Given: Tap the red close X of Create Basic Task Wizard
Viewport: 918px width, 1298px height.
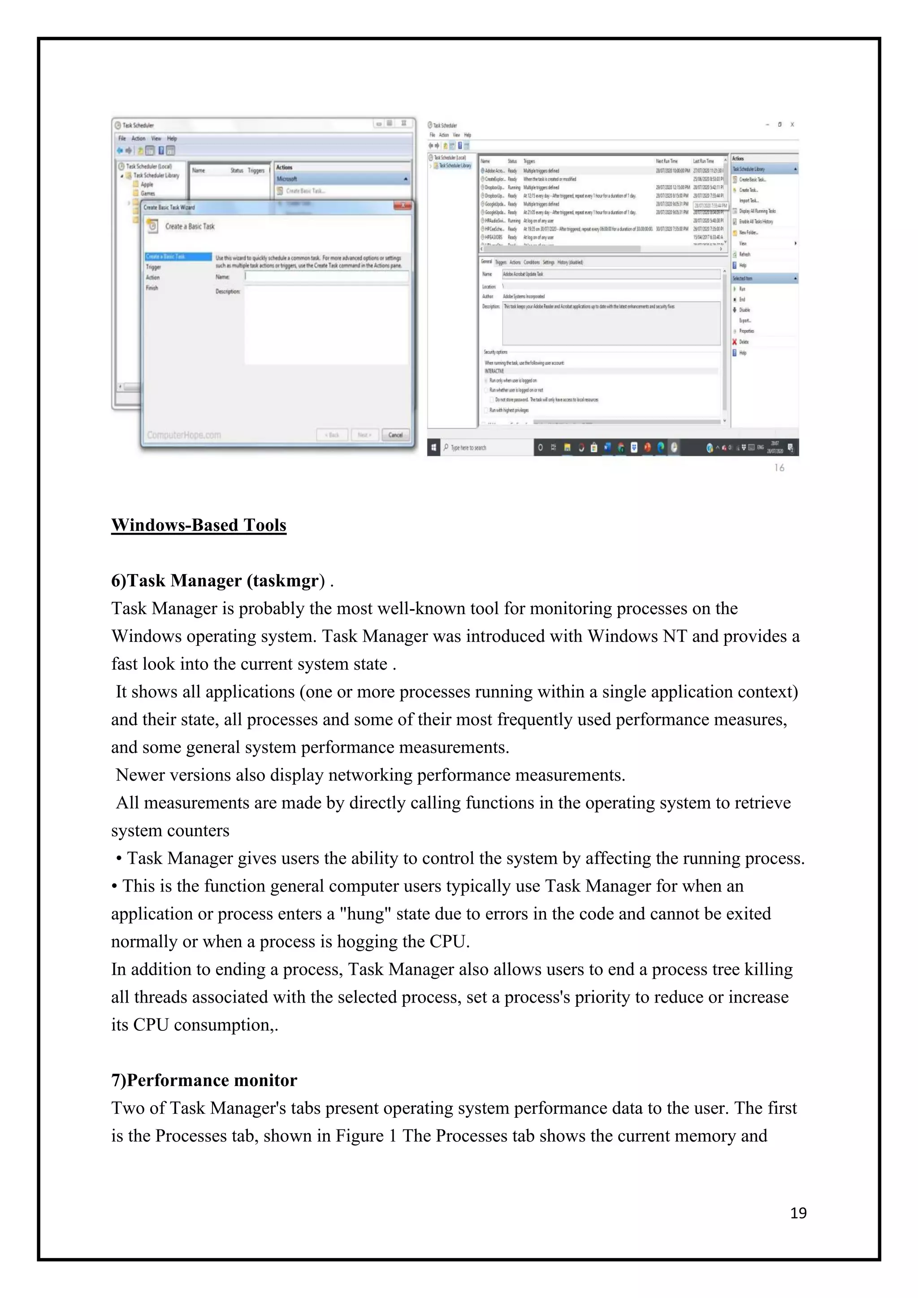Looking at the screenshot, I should tap(403, 206).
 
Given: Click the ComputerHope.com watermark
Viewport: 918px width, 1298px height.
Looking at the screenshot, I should tap(184, 435).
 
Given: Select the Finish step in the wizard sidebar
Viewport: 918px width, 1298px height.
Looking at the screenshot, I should tap(152, 288).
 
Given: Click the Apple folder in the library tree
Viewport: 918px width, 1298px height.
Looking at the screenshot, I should tap(147, 184).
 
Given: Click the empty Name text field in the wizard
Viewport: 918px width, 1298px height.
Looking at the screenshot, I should tap(326, 277).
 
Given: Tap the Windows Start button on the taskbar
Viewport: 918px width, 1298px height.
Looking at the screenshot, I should tap(433, 447).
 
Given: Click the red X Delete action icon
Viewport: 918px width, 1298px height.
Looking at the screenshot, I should tap(735, 342).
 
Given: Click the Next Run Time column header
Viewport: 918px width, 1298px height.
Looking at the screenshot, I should tap(667, 161).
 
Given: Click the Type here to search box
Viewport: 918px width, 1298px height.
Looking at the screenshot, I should tap(486, 447).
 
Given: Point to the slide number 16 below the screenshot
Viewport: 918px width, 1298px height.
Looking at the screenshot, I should tap(779, 467).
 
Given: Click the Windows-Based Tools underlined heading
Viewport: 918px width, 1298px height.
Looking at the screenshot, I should tap(199, 525).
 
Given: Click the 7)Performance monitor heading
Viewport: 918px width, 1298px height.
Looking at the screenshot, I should tap(204, 1080).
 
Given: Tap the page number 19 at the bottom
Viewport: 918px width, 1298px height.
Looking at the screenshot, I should tap(798, 1213).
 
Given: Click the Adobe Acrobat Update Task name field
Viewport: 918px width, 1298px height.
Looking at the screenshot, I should tap(611, 273).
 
